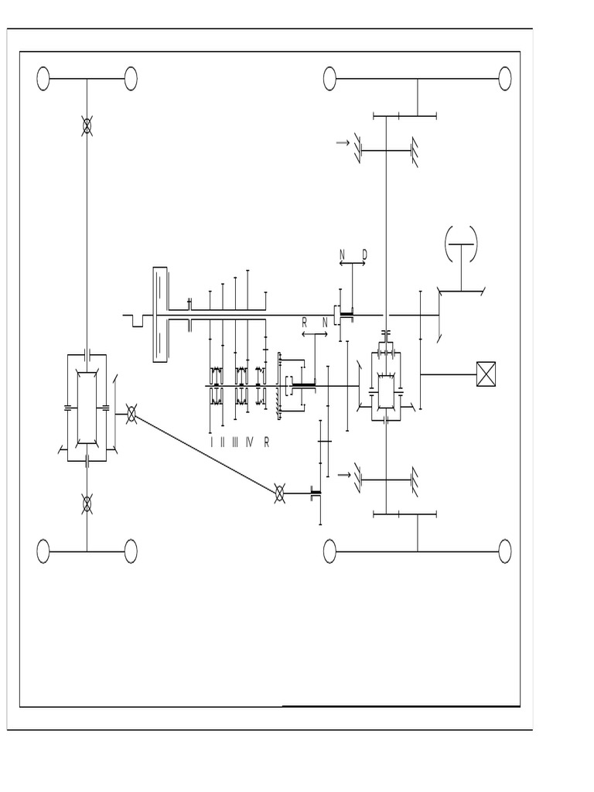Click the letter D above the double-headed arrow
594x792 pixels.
point(364,254)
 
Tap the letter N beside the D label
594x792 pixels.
point(342,254)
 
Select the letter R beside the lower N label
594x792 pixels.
point(305,323)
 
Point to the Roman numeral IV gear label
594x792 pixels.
point(249,442)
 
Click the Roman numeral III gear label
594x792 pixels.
point(235,442)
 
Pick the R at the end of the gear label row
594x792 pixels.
point(267,442)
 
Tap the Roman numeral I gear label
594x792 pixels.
point(211,442)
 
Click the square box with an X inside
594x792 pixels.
point(485,374)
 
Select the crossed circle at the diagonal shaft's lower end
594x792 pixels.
point(280,493)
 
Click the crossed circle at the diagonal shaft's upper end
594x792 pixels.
point(131,415)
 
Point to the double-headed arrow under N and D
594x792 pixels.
point(352,265)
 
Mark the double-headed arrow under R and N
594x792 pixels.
point(315,334)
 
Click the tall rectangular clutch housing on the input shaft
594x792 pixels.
point(160,314)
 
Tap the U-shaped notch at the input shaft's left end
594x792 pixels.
point(138,320)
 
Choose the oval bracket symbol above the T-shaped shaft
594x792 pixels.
point(461,244)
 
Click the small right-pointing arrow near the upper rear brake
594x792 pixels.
point(343,142)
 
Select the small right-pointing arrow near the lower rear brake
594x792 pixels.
point(344,474)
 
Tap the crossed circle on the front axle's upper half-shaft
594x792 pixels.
point(87,127)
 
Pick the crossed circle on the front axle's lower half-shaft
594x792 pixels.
point(87,504)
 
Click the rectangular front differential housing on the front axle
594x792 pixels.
point(87,408)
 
